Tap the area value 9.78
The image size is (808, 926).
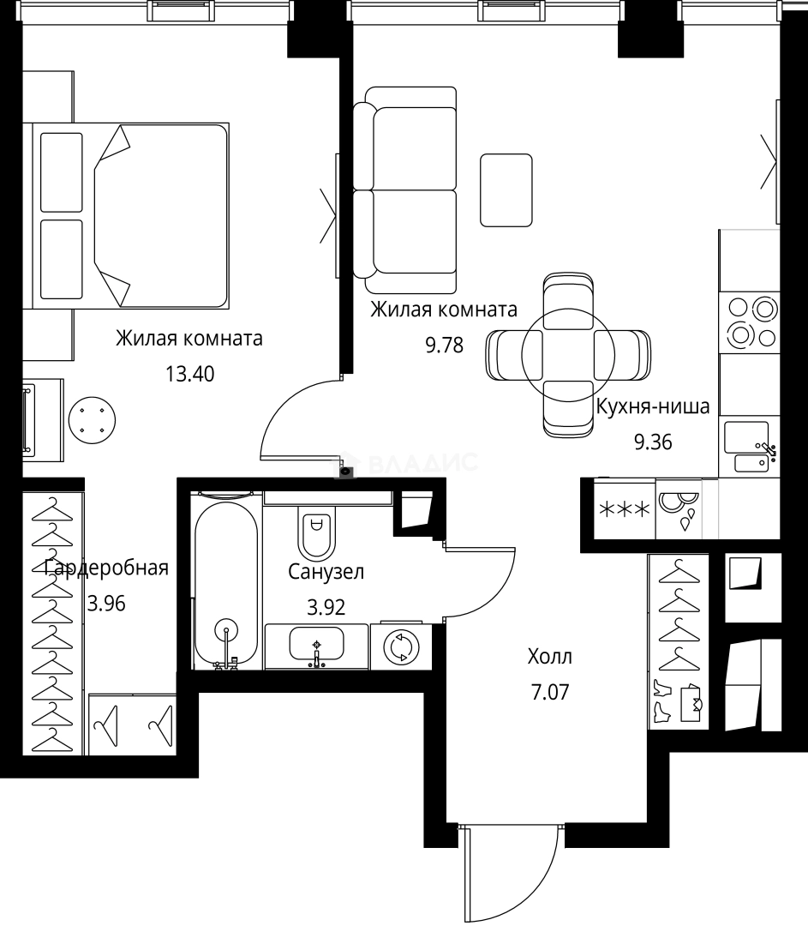click(x=444, y=346)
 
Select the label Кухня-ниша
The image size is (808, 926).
click(x=652, y=406)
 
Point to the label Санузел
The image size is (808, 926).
click(x=326, y=572)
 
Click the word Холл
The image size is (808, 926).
click(x=549, y=658)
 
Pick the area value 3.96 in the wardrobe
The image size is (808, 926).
click(x=106, y=603)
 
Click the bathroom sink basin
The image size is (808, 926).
click(x=316, y=644)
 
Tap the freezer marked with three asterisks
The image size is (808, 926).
click(x=623, y=509)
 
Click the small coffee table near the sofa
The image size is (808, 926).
click(x=506, y=189)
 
